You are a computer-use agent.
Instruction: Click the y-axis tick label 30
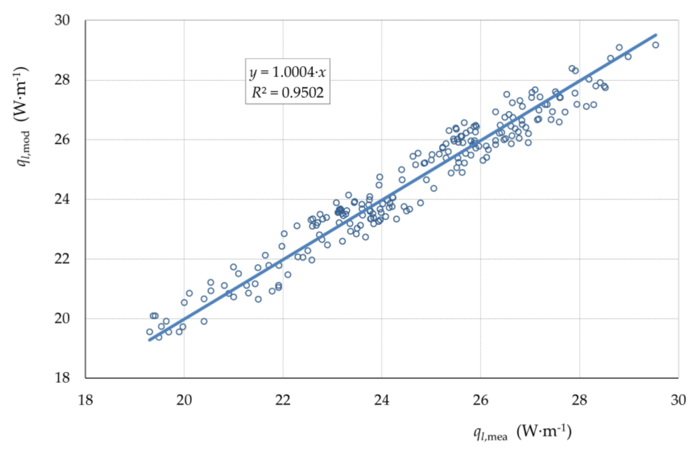tap(62, 20)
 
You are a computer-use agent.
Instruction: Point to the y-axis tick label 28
tap(62, 80)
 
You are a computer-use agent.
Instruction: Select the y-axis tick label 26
tap(62, 139)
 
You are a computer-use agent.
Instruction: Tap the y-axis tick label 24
tap(62, 199)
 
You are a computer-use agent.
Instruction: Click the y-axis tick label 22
tap(62, 258)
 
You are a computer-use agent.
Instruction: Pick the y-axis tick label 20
tap(62, 318)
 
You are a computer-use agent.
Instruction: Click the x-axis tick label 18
tap(85, 400)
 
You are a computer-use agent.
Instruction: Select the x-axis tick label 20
tap(184, 400)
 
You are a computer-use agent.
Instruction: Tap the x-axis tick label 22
tap(283, 400)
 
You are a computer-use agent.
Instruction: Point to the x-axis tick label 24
tap(381, 400)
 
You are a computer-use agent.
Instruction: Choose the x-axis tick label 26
tap(480, 400)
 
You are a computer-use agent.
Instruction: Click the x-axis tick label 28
tap(579, 400)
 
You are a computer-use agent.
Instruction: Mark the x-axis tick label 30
tap(678, 400)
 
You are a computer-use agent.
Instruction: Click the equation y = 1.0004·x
tap(287, 72)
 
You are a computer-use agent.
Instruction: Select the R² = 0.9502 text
tap(287, 93)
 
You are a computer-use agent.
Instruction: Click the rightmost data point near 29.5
tap(656, 45)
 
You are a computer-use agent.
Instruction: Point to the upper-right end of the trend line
tap(656, 35)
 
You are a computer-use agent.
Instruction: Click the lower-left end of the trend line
tap(149, 340)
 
